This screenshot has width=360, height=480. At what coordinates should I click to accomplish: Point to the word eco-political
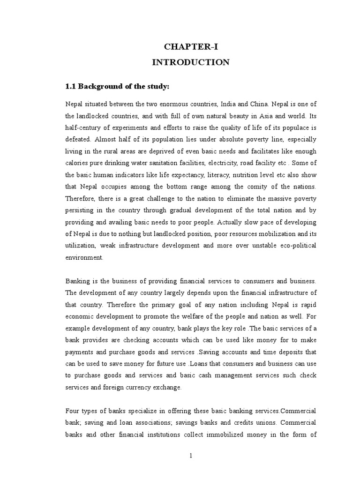pos(294,245)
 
